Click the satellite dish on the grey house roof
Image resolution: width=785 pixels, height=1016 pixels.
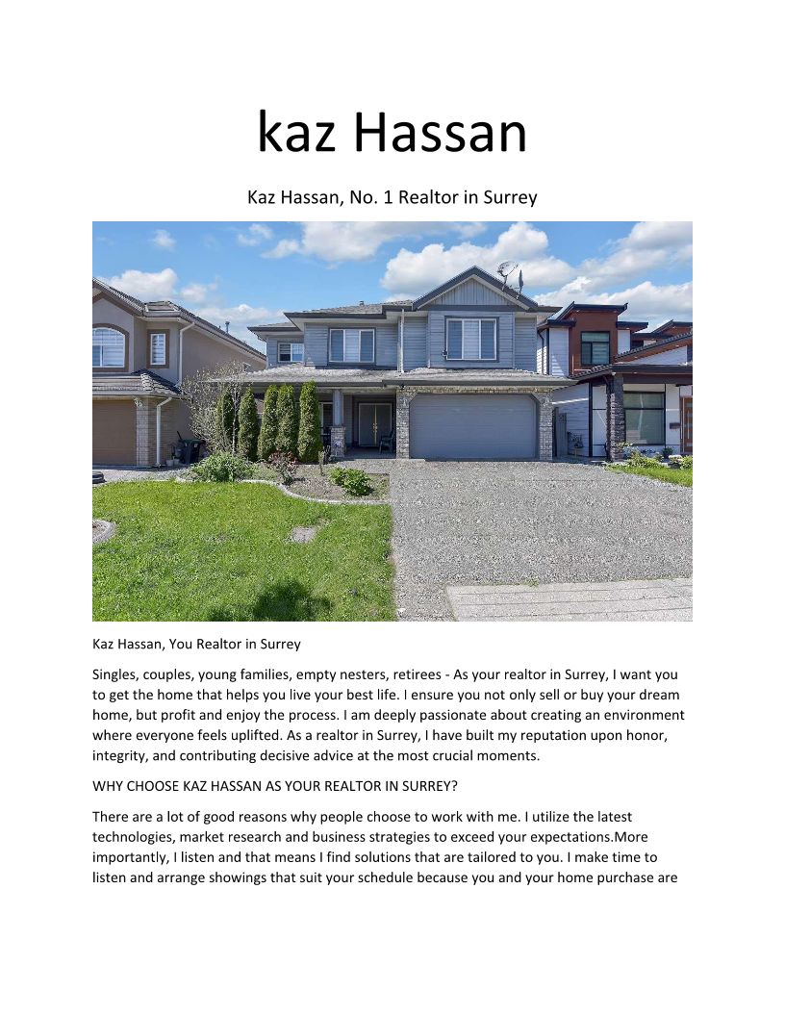507,270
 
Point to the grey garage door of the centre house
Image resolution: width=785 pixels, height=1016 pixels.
472,425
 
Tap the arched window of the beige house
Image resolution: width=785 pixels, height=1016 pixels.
109,347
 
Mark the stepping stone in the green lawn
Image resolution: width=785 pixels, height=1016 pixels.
302,534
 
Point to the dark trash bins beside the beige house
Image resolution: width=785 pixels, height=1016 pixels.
190,450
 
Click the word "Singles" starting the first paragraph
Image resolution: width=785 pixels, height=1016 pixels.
117,674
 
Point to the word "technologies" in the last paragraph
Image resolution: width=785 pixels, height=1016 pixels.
136,836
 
